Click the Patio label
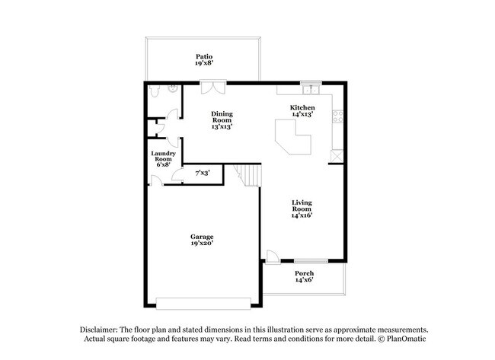pos(203,56)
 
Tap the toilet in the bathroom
pos(155,91)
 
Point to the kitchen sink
pos(308,88)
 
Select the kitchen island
pos(293,140)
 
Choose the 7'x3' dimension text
pos(203,174)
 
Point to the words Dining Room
pos(222,117)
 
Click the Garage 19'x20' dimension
pos(202,244)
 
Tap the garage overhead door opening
pos(203,299)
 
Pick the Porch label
pos(304,274)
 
